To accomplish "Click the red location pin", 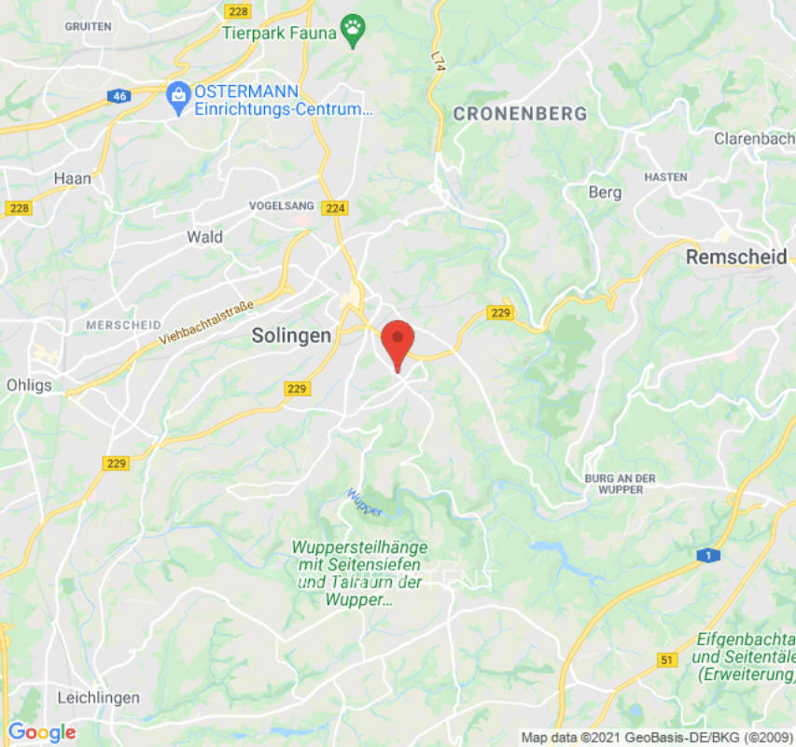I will [398, 342].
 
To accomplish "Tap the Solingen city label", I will [291, 336].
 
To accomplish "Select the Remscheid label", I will [736, 258].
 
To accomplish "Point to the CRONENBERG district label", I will [520, 114].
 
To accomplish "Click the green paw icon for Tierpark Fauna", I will [353, 29].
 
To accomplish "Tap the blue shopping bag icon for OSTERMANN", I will [178, 95].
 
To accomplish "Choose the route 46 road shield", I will [119, 96].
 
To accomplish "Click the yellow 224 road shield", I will [335, 208].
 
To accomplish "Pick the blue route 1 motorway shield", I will [708, 555].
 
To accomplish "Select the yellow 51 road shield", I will [666, 661].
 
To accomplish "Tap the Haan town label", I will [72, 178].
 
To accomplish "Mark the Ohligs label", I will [29, 385].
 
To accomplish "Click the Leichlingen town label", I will [98, 698].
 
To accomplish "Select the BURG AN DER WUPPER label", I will [620, 484].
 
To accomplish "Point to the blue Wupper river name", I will [364, 502].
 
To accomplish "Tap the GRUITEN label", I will [88, 26].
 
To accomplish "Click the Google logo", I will [41, 733].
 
